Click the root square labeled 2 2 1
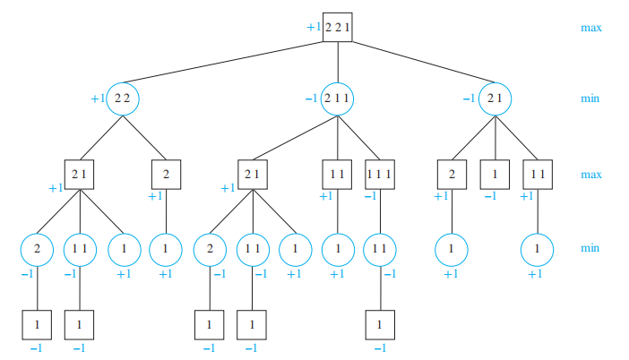pos(338,28)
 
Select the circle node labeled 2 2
pos(123,99)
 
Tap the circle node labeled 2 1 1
pos(338,99)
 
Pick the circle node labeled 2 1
pos(492,99)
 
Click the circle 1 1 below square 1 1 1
pos(381,248)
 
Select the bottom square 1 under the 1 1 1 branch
pos(381,323)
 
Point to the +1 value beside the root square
pos(313,28)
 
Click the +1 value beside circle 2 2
pos(98,99)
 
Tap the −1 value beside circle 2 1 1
pos(311,99)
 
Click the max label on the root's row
pos(590,28)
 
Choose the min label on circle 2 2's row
pos(590,99)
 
